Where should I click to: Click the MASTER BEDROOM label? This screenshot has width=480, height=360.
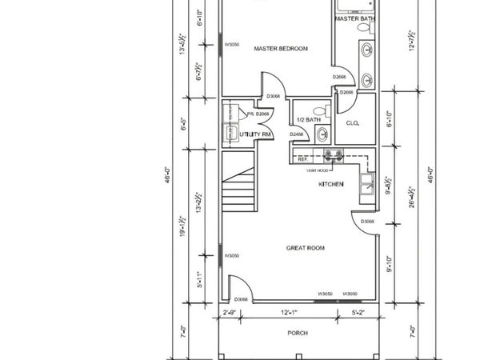[281, 49]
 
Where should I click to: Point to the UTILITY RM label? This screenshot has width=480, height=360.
[251, 134]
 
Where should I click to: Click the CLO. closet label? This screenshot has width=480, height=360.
[352, 122]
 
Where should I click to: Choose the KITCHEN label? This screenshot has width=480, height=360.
[331, 185]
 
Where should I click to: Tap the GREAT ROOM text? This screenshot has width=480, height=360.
[306, 249]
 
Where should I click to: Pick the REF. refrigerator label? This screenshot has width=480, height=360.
[303, 160]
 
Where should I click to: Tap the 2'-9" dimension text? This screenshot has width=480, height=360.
[229, 311]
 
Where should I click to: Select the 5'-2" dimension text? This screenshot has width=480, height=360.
[358, 311]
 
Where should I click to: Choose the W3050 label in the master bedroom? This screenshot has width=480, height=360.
[233, 45]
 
